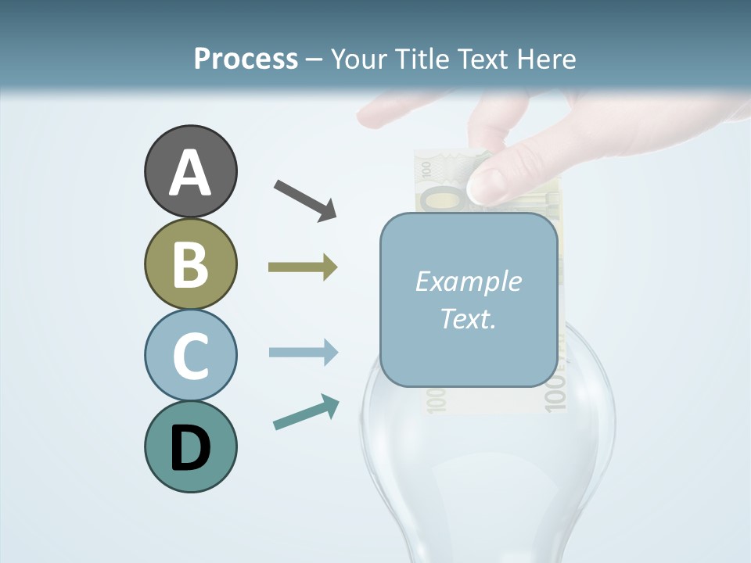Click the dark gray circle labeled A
pos(190,172)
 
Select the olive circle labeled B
pos(190,264)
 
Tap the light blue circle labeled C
pos(190,355)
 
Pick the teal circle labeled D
pos(190,446)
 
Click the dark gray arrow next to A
pos(305,199)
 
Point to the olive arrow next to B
pos(303,267)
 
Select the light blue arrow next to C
pos(303,352)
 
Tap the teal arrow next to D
pos(306,412)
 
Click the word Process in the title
pos(246,59)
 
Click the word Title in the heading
pos(419,59)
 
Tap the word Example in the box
pos(468,281)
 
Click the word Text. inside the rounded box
pos(468,318)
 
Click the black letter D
pos(190,448)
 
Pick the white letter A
pos(190,174)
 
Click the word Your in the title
pos(361,59)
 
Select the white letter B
pos(190,264)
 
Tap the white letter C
pos(190,356)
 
